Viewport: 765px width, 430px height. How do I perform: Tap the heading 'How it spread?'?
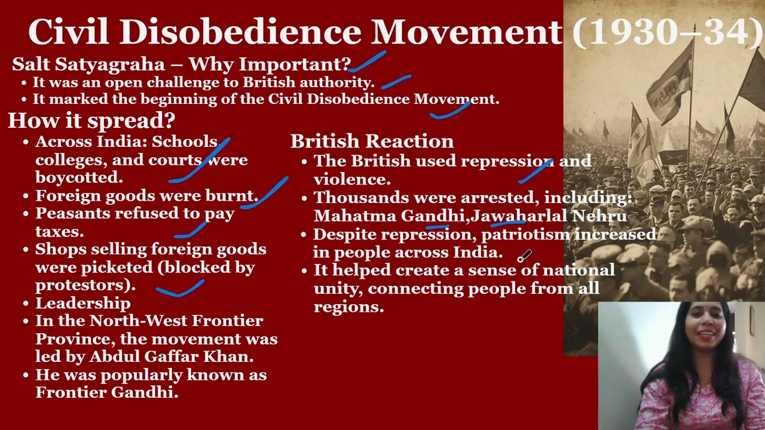click(x=91, y=121)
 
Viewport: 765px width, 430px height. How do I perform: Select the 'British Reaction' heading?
click(x=372, y=142)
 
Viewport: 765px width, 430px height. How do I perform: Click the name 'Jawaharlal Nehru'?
click(x=549, y=216)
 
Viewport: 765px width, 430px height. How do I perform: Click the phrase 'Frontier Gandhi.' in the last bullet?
click(x=107, y=392)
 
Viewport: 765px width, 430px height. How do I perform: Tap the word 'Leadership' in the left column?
click(x=82, y=303)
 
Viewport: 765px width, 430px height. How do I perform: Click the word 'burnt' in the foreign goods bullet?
click(x=232, y=196)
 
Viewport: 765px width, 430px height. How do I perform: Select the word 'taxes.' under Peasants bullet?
click(x=59, y=231)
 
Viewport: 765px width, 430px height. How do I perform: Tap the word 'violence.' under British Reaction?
click(x=352, y=179)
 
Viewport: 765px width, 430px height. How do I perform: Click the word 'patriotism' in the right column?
click(x=525, y=234)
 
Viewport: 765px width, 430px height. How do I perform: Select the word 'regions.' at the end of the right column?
click(x=348, y=307)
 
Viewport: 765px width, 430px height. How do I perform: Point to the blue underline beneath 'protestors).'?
click(x=180, y=290)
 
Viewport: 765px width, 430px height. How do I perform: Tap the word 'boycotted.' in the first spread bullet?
click(x=79, y=177)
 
